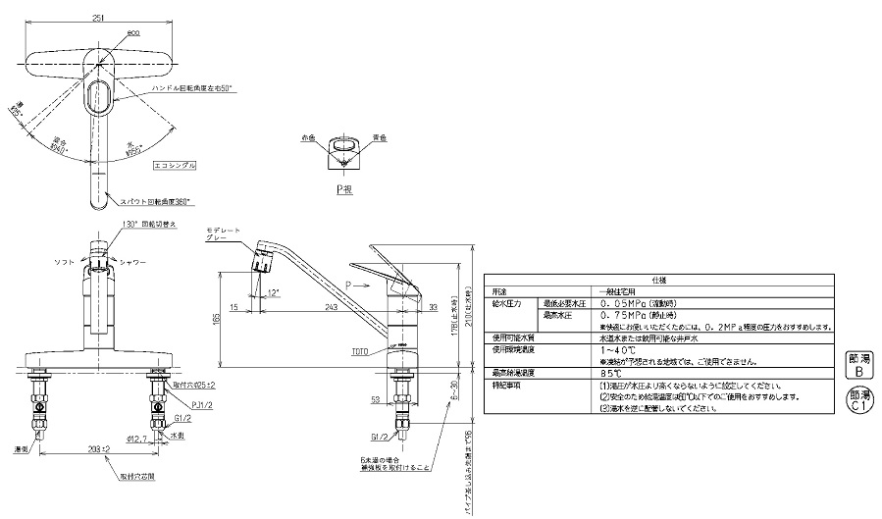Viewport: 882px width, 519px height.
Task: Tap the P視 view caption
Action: [343, 186]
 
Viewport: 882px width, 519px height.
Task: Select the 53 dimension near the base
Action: [375, 399]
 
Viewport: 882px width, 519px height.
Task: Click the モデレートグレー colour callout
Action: [222, 234]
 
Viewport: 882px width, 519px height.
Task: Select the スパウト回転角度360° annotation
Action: [156, 200]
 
